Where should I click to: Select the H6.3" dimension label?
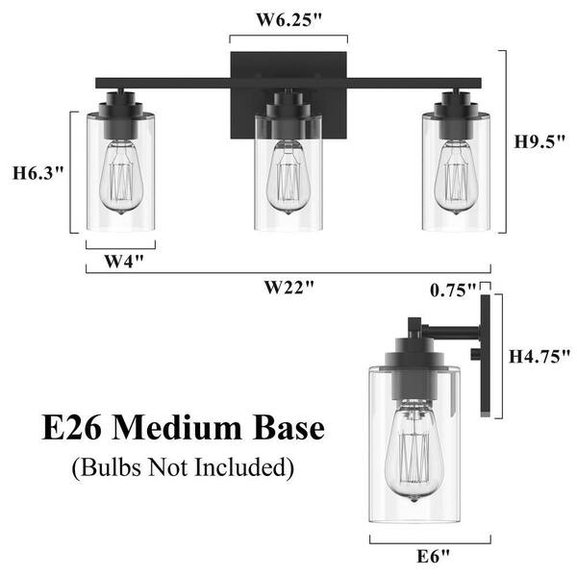[38, 174]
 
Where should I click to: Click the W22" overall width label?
[289, 286]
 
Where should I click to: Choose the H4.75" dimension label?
[539, 356]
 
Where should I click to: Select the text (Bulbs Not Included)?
[181, 468]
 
